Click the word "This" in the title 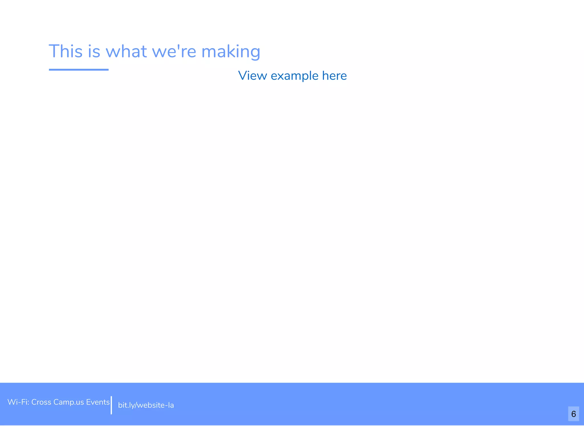point(66,51)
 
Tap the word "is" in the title point(94,51)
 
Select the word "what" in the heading point(126,51)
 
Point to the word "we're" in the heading point(174,51)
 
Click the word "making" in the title point(231,52)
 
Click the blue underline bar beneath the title point(79,70)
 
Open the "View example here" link point(292,76)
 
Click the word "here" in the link point(334,76)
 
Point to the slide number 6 point(573,414)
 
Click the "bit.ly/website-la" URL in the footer point(146,405)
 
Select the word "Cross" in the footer point(41,402)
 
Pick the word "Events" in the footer point(98,402)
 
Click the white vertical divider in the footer point(111,405)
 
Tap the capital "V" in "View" point(243,76)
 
